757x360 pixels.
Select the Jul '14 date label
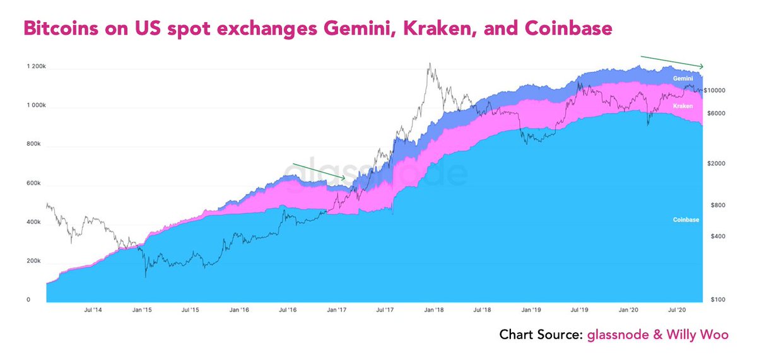93,310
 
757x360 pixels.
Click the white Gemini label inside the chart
683,78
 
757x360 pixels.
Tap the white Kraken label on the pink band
683,106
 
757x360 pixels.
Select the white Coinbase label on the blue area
686,219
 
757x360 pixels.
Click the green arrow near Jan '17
319,171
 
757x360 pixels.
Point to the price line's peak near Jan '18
429,63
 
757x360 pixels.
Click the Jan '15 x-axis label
142,310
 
